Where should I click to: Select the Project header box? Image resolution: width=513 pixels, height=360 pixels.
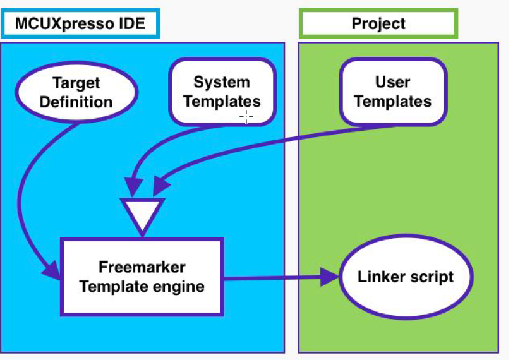pos(378,24)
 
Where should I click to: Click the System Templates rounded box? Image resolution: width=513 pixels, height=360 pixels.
pos(222,92)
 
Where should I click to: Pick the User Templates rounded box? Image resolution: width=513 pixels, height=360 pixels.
pos(392,92)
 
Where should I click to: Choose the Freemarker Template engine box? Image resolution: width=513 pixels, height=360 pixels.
pos(142,277)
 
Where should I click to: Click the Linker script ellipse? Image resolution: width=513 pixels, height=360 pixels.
pos(406,277)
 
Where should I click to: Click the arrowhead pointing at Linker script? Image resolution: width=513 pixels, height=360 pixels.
pos(329,276)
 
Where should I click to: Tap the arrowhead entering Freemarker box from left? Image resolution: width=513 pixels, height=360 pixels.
pos(52,270)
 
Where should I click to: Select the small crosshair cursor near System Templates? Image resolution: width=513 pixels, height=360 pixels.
pos(246,116)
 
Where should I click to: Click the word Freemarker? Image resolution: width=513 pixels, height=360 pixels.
pos(142,267)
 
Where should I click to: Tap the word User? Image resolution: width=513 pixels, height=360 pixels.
pos(392,82)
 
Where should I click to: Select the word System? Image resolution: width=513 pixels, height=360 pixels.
pos(222,82)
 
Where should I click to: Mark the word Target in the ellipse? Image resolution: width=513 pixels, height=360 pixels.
pos(76,83)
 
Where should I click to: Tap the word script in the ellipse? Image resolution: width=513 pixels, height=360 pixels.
pos(432,277)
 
